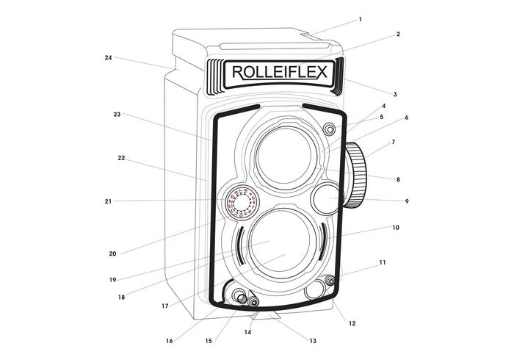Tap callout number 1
[360, 19]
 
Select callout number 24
[108, 57]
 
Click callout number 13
[313, 341]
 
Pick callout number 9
[407, 201]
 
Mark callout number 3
[395, 95]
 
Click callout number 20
[112, 253]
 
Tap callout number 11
[382, 262]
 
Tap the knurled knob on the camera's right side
[355, 176]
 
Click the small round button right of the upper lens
[329, 130]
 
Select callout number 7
[393, 142]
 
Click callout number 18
[121, 298]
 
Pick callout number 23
[117, 115]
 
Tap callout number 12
[352, 323]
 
